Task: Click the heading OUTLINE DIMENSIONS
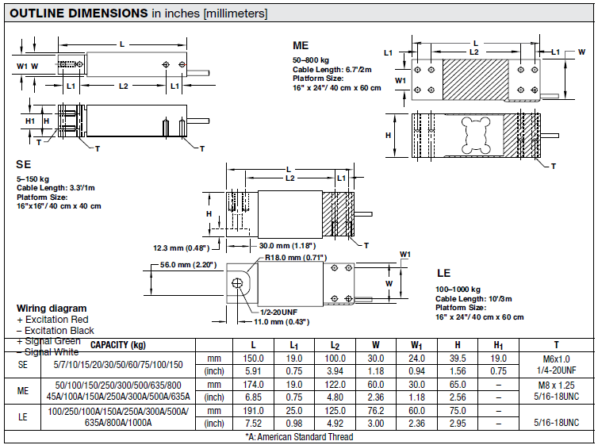[78, 13]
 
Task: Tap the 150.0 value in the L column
[252, 359]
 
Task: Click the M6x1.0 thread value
[555, 359]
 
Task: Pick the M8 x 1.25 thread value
[555, 385]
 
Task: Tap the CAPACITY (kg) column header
[118, 345]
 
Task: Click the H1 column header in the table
[498, 345]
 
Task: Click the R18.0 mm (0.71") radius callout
[296, 258]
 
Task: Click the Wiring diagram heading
[52, 308]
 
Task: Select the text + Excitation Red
[54, 319]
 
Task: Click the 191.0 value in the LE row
[252, 411]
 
